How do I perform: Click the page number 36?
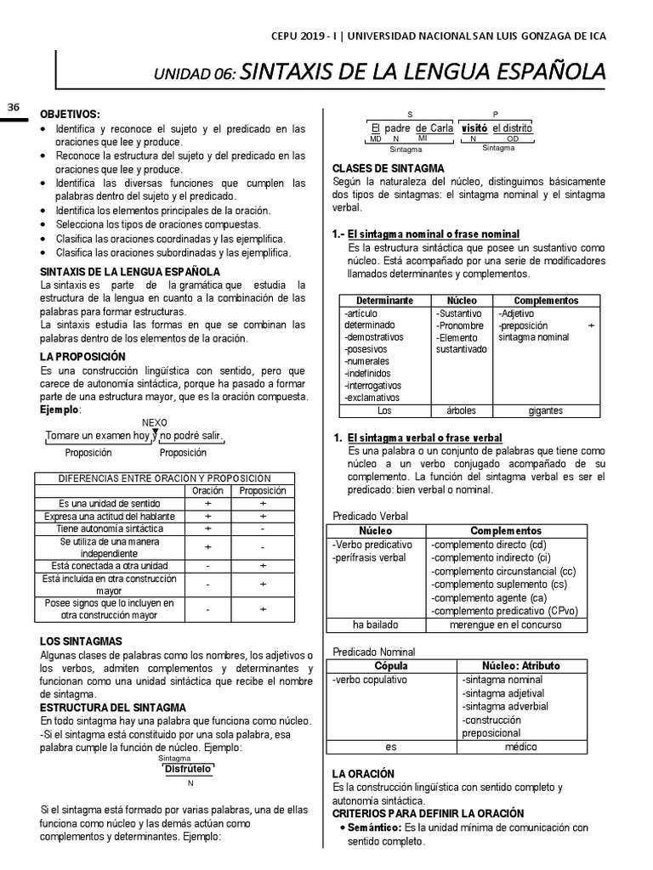(13, 106)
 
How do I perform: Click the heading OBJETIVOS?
(71, 114)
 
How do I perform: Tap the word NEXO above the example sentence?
(154, 422)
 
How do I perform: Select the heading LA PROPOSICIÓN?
(82, 357)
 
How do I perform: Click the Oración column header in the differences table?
(207, 491)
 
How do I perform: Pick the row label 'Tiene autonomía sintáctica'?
(109, 528)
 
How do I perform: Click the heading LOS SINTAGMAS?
(82, 641)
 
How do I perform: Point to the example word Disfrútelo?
(188, 768)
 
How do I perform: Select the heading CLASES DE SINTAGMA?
(388, 168)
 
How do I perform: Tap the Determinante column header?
(384, 301)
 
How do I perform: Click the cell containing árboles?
(461, 410)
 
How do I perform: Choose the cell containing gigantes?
(545, 410)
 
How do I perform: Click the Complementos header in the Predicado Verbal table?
(506, 530)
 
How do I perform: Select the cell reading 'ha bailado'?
(377, 624)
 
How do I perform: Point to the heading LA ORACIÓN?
(363, 774)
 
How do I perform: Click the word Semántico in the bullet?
(375, 827)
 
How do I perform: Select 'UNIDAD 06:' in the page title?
(195, 75)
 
